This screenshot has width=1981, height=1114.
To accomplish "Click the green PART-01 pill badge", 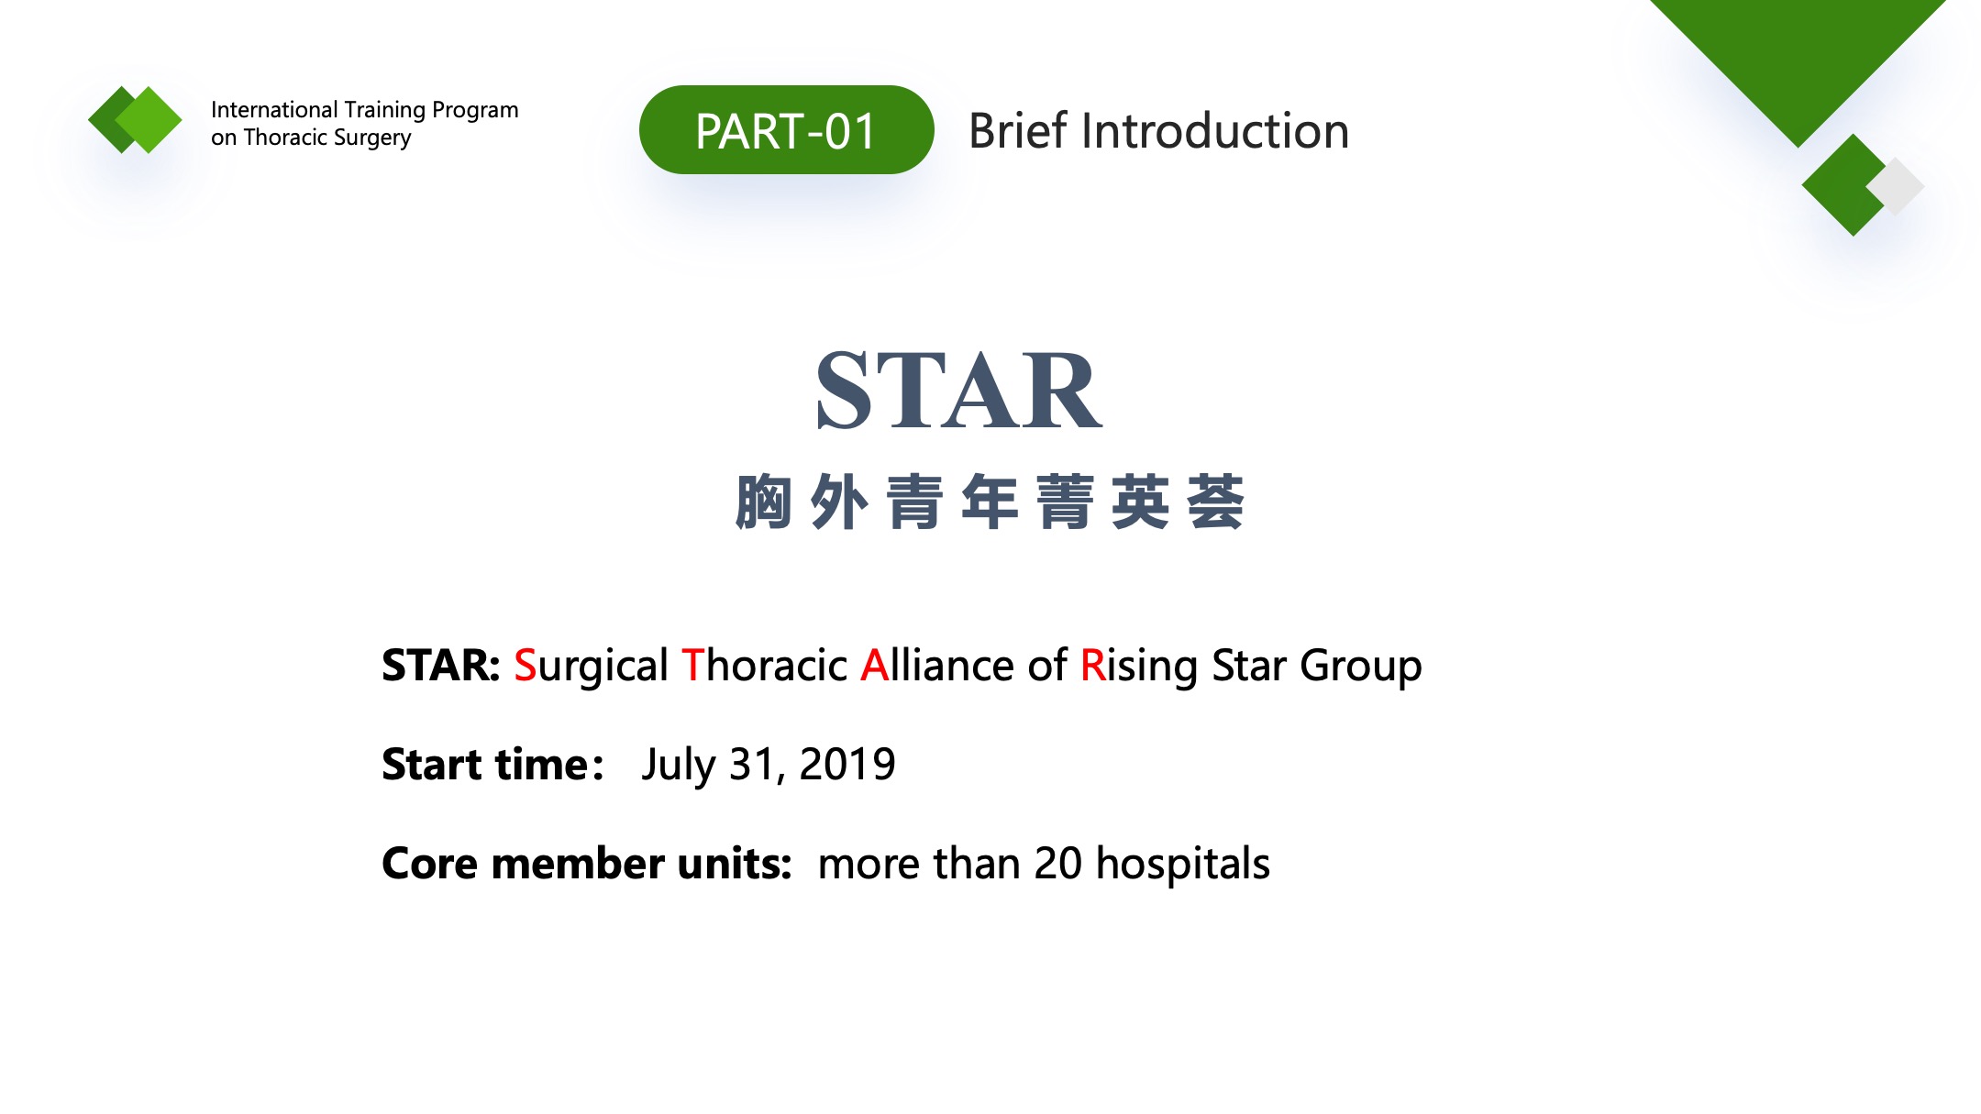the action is (786, 130).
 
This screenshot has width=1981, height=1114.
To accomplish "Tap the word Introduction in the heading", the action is (1215, 131).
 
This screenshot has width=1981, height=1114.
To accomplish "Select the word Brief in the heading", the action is (1018, 131).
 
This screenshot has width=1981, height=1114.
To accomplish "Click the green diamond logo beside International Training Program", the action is (135, 119).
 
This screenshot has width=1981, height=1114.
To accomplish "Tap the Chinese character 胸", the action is (763, 502).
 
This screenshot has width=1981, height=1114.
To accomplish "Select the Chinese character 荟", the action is (1215, 502).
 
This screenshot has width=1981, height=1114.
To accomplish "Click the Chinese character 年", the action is (990, 502).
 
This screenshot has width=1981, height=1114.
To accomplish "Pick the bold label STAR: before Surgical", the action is (440, 665).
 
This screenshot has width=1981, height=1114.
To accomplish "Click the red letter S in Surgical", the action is (525, 665).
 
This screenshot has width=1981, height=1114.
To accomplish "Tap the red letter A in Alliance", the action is (875, 665).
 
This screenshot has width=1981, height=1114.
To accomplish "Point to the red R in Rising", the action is (1092, 665).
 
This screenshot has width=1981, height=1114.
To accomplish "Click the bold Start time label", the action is (492, 764).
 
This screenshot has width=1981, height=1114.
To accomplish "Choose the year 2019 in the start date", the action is (847, 764).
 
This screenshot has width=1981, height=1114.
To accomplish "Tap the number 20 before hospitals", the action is (1058, 864).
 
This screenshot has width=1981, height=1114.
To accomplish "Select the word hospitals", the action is (1183, 866).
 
